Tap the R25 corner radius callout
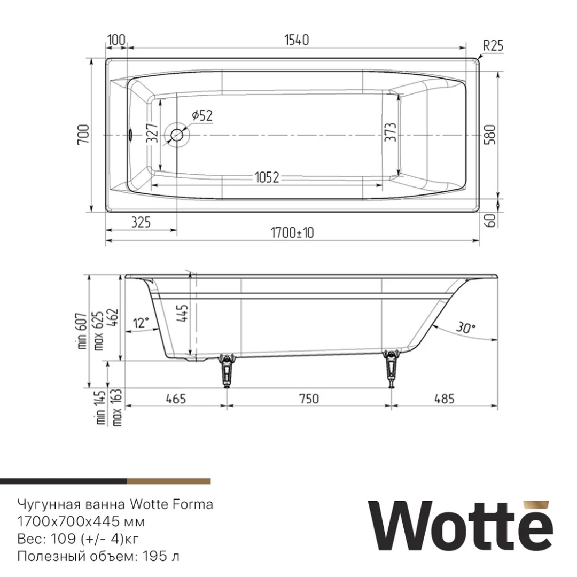(493, 46)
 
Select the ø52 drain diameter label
(202, 115)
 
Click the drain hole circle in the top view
(177, 134)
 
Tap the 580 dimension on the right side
(490, 135)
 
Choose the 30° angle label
(466, 328)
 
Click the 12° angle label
(141, 322)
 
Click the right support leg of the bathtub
(393, 368)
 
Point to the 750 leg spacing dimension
(308, 398)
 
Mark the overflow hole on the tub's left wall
(131, 134)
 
